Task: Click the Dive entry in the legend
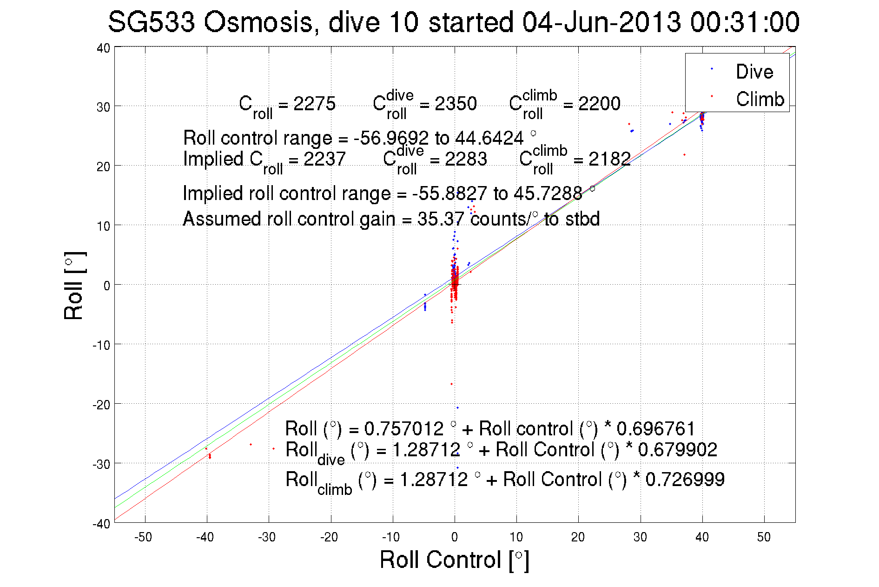pyautogui.click(x=754, y=72)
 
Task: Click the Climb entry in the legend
pyautogui.click(x=760, y=99)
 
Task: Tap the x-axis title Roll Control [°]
pyautogui.click(x=454, y=560)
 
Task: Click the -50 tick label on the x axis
pyautogui.click(x=143, y=537)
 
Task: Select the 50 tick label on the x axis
pyautogui.click(x=764, y=537)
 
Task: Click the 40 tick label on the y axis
pyautogui.click(x=103, y=48)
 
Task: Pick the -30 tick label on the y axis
pyautogui.click(x=101, y=464)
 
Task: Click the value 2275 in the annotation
pyautogui.click(x=314, y=104)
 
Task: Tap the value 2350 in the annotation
pyautogui.click(x=456, y=104)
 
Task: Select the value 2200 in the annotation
pyautogui.click(x=599, y=104)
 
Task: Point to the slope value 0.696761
pyautogui.click(x=656, y=428)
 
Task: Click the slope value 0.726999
pyautogui.click(x=685, y=480)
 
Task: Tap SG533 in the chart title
pyautogui.click(x=151, y=22)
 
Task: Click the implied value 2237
pyautogui.click(x=324, y=159)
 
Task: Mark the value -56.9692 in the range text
pyautogui.click(x=391, y=138)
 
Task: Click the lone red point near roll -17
pyautogui.click(x=451, y=384)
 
